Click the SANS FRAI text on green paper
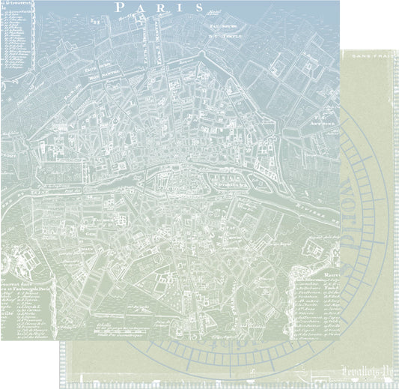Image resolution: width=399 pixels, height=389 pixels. [x=369, y=58]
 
